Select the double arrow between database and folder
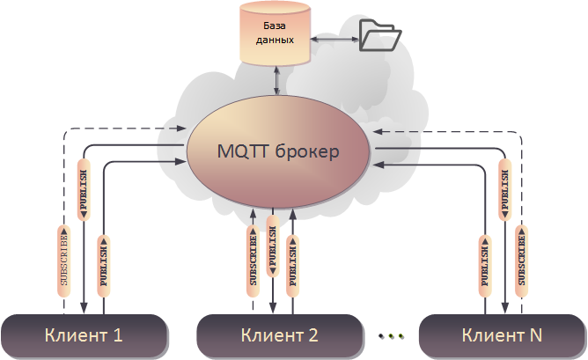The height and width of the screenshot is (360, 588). point(332,40)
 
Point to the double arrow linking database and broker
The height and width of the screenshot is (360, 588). point(279,79)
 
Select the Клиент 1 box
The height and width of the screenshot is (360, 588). point(84,335)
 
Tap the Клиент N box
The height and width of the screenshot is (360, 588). point(503,335)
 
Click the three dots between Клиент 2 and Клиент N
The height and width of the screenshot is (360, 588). point(391,335)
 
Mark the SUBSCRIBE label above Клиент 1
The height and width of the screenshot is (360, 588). point(63,261)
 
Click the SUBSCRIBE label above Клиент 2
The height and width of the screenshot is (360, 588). point(253,259)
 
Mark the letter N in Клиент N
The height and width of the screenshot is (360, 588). point(535,335)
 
